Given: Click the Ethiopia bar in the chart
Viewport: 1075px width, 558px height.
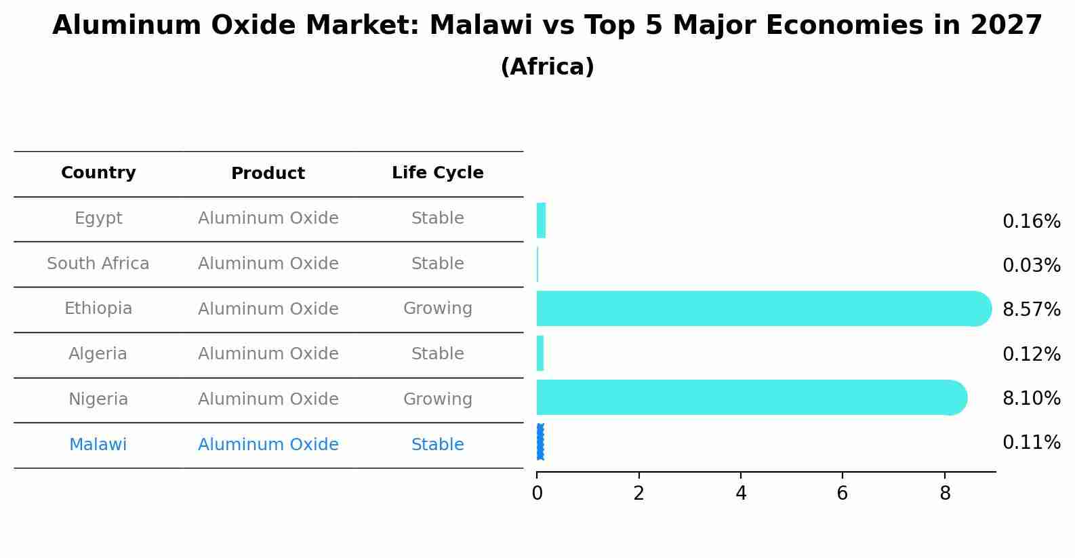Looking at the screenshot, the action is [764, 308].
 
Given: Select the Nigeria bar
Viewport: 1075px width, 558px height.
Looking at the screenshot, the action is [752, 397].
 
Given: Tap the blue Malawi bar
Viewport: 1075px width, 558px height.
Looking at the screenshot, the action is [540, 442].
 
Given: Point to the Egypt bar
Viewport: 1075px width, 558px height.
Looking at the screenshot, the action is [541, 220].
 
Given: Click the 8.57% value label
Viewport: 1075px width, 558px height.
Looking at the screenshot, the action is [1032, 309].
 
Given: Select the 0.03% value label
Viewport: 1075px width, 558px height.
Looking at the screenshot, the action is [1032, 265].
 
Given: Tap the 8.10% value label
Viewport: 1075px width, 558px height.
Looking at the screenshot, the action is [1032, 398].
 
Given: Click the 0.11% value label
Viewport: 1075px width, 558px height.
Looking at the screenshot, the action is [1032, 442].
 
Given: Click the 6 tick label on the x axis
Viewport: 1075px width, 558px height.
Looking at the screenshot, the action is [843, 493].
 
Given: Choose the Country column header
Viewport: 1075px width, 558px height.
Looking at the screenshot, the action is [98, 172].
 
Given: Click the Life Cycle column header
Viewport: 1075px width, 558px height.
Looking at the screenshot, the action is [438, 172].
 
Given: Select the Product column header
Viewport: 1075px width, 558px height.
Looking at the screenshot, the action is [268, 173].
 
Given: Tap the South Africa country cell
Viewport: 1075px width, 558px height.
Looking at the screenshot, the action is [98, 263].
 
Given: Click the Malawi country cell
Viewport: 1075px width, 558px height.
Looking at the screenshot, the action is [98, 444].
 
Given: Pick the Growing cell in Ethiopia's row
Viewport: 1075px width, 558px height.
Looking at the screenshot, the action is [438, 308].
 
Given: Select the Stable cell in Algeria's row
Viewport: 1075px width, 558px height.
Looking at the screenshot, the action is [438, 353].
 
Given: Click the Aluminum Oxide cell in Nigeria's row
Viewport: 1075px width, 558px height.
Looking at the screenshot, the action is [268, 399].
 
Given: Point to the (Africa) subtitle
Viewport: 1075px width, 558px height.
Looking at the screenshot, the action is [547, 66].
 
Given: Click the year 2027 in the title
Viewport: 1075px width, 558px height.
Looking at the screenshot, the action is [1006, 25].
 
